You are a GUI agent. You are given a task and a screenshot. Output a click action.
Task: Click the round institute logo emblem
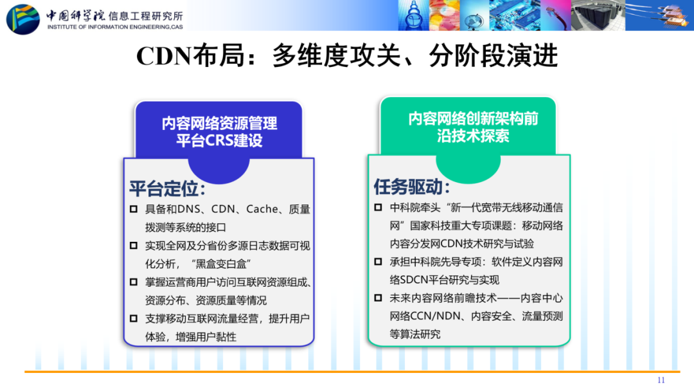[23, 19]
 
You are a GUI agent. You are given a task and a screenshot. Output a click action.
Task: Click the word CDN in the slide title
[163, 56]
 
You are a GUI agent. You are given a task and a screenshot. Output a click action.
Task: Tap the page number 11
[661, 380]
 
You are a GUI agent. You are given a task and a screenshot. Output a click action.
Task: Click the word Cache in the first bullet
[262, 209]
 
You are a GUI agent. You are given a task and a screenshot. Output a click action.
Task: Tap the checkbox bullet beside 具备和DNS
[134, 209]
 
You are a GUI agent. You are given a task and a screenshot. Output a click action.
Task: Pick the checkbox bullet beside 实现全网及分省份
[134, 245]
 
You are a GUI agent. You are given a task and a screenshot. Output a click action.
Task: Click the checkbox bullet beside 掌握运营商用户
[134, 282]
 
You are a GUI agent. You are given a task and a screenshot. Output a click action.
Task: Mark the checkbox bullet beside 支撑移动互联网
[134, 318]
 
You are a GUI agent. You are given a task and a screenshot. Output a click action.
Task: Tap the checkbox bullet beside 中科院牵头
[378, 207]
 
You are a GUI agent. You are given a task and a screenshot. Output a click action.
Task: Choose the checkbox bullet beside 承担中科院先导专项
[378, 262]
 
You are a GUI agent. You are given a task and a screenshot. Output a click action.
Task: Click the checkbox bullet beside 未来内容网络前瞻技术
[378, 298]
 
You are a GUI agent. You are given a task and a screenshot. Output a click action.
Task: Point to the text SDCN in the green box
[415, 280]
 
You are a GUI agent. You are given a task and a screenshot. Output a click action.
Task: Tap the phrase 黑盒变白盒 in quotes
[221, 264]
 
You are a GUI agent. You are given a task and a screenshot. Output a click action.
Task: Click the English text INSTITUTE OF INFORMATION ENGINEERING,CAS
[115, 27]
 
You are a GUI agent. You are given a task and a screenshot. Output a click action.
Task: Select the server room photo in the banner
[598, 15]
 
